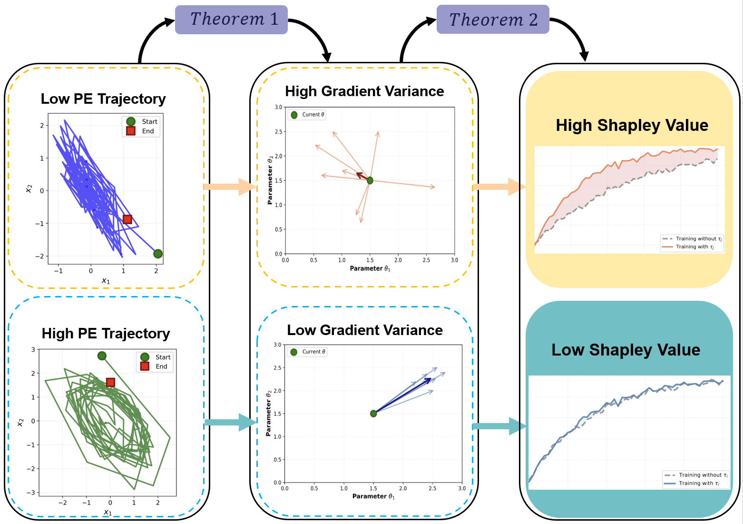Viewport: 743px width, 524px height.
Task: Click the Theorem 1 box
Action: click(231, 20)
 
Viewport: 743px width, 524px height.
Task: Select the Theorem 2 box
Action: click(493, 20)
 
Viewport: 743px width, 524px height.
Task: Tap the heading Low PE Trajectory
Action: click(103, 99)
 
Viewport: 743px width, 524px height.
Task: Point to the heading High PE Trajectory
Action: click(106, 334)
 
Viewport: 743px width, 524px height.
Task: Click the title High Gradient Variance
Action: click(364, 91)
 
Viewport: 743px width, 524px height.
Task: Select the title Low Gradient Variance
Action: click(365, 330)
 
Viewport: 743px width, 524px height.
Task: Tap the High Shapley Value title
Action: click(632, 126)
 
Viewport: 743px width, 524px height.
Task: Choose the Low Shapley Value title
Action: click(626, 350)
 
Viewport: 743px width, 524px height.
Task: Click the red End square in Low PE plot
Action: click(127, 219)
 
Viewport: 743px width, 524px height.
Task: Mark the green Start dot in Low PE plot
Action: click(158, 254)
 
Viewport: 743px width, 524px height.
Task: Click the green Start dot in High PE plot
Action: click(102, 356)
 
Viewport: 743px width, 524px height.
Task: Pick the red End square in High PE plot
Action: click(110, 382)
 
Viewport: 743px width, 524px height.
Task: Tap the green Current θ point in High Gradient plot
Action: click(370, 180)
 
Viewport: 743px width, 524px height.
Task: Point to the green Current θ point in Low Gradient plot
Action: click(373, 414)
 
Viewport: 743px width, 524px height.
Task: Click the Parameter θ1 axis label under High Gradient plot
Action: click(370, 269)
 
